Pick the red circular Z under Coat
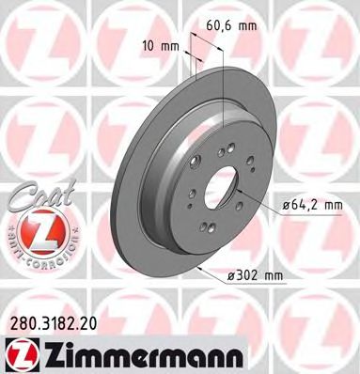point(36,229)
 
